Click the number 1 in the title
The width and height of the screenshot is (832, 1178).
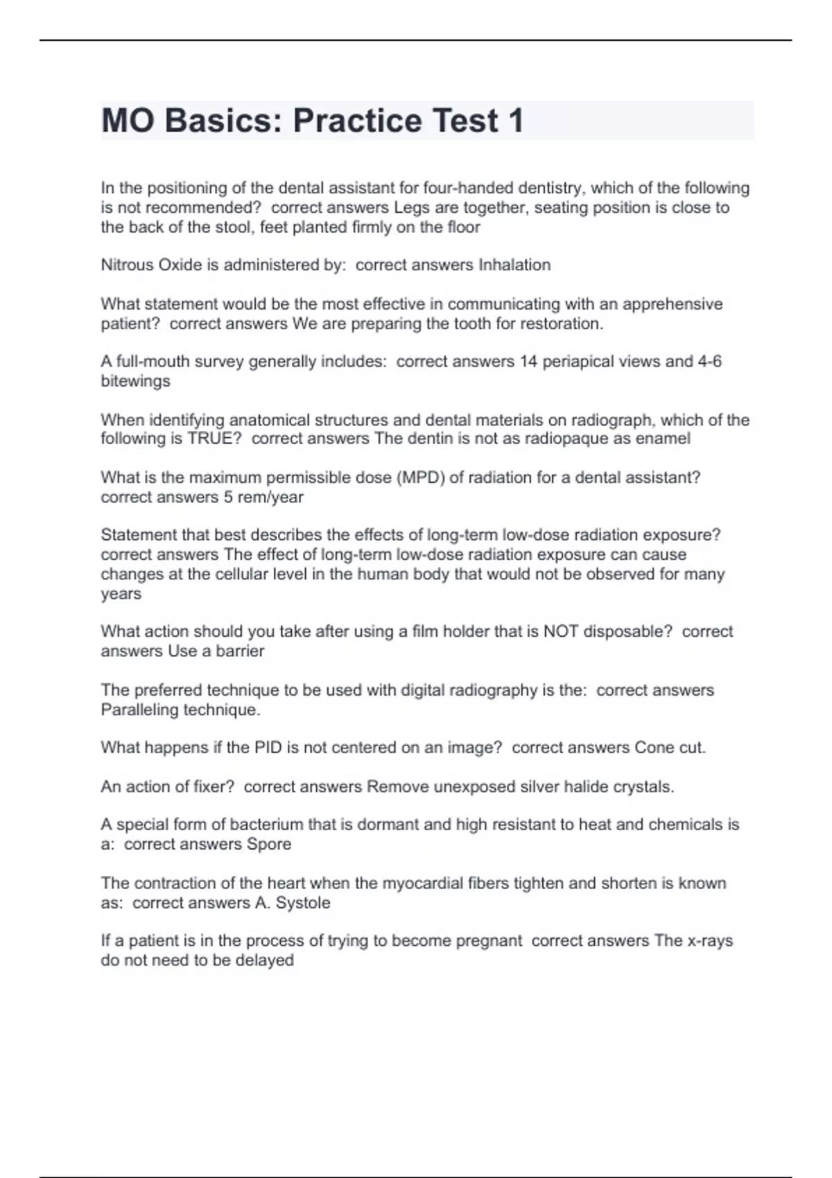(516, 121)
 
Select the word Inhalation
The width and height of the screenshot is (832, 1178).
(514, 265)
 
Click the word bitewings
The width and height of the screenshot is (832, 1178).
(135, 381)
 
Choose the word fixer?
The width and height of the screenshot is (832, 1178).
(211, 786)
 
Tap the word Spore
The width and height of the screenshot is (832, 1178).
(269, 844)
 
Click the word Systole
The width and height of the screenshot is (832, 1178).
(303, 903)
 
